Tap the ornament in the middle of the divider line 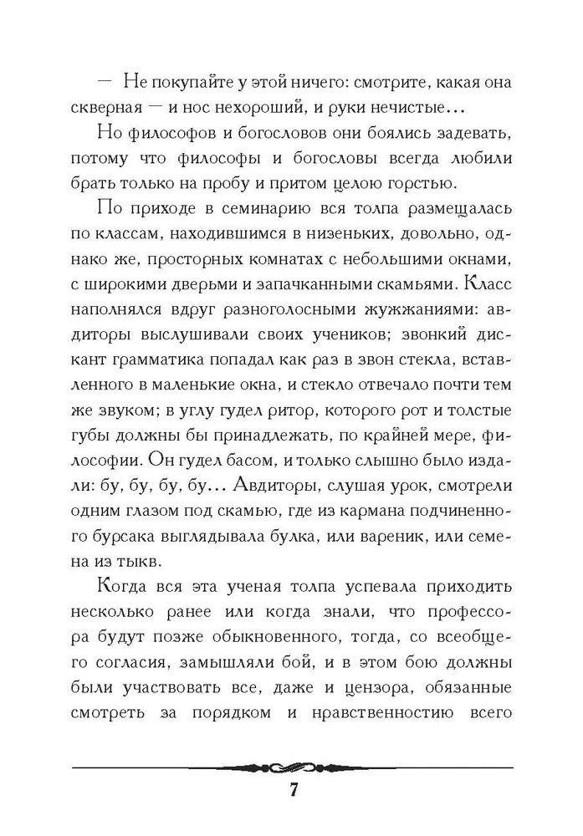pos(292,767)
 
